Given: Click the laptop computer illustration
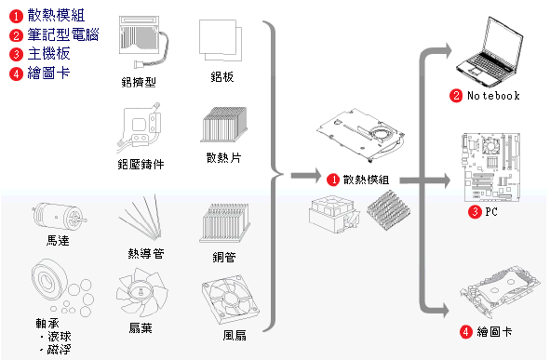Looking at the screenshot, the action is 490,52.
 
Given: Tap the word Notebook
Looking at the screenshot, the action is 493,96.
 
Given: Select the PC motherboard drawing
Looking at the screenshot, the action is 491,167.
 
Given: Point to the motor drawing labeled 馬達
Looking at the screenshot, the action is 59,217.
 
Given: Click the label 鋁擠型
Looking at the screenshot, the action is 139,83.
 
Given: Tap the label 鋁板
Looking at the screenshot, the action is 222,77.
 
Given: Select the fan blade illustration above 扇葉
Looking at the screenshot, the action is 141,293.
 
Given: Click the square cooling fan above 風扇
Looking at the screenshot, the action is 230,300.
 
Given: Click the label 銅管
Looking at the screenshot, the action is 224,258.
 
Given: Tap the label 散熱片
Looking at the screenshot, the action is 223,158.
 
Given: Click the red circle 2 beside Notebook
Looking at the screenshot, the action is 456,96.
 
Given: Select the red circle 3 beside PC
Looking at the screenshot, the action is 475,212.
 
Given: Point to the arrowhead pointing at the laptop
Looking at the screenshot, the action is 447,51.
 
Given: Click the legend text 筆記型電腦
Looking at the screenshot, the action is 63,34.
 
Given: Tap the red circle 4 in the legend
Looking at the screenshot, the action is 16,73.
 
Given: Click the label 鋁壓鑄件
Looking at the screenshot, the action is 141,164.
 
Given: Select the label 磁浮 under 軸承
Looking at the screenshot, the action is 59,350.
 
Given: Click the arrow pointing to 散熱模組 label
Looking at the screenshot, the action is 306,175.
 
